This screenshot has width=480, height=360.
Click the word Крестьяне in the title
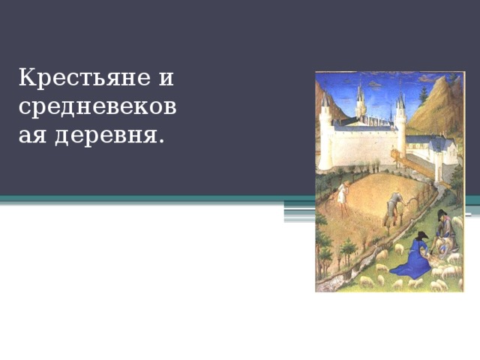[x=81, y=77]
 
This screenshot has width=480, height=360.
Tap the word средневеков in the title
[x=97, y=107]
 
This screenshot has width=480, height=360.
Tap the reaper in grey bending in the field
[x=393, y=208]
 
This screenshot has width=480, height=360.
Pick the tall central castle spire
[x=361, y=101]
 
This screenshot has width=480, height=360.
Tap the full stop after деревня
[x=162, y=141]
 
